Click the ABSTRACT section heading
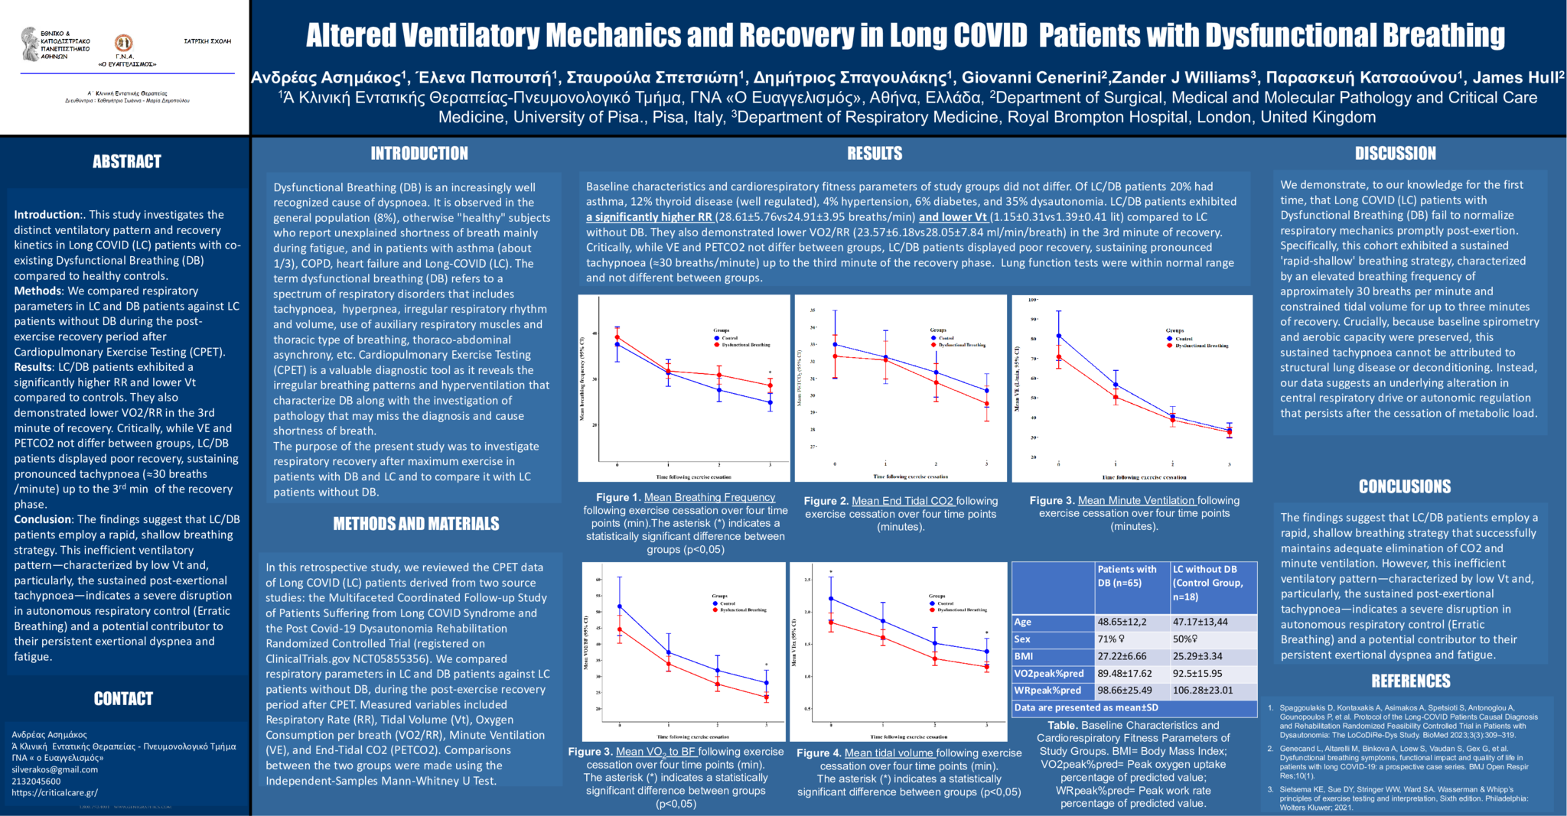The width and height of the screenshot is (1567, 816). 127,161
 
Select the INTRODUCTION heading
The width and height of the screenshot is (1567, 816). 419,154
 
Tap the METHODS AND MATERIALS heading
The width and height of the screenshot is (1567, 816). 416,524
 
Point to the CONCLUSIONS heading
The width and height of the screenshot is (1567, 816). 1405,486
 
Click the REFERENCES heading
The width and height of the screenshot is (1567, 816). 1411,681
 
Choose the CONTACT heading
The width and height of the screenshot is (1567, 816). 123,698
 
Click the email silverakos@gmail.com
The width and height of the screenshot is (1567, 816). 55,769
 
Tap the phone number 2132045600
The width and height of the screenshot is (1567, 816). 36,781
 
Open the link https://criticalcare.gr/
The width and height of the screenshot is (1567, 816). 54,792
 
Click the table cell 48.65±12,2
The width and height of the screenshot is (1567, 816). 1122,622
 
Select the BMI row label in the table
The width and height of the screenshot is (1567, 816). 1024,656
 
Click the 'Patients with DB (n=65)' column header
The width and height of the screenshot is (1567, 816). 1128,576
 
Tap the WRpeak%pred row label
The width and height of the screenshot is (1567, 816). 1047,691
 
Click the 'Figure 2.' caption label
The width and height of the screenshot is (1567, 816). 826,501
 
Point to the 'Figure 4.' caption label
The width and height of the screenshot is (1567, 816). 819,753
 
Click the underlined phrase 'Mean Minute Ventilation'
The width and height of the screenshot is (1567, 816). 1136,500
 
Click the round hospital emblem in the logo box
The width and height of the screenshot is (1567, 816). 123,43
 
